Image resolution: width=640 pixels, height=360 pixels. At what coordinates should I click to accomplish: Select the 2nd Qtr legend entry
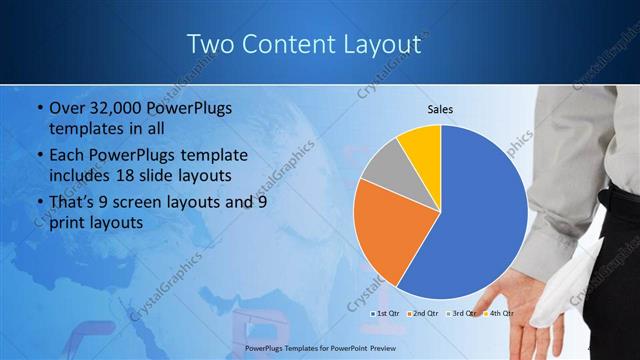tap(425, 313)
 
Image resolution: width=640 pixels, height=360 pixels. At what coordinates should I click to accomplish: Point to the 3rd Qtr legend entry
tap(461, 313)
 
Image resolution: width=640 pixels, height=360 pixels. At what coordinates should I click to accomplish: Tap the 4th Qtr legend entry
tap(498, 313)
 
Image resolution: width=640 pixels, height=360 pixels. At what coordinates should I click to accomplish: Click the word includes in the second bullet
tap(81, 176)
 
